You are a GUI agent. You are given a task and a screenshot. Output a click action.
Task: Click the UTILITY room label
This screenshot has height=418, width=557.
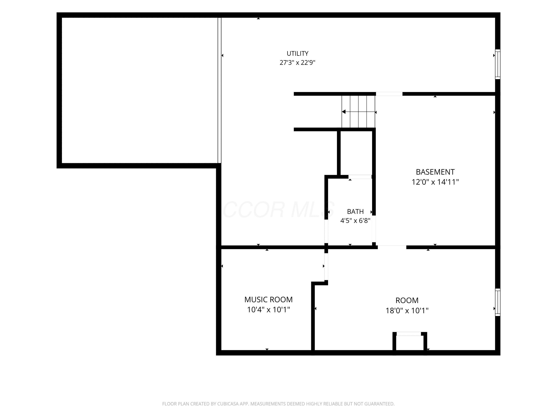tap(297, 54)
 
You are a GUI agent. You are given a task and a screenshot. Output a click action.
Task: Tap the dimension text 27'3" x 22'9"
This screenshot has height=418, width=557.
tap(297, 62)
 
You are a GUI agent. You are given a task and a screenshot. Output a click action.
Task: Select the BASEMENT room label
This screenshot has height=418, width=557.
tap(435, 172)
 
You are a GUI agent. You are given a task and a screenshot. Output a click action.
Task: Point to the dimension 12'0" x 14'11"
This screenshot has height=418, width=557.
tap(435, 182)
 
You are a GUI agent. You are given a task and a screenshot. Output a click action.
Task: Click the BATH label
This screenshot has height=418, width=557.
tap(355, 211)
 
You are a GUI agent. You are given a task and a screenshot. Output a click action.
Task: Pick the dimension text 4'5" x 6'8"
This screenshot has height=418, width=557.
tap(355, 221)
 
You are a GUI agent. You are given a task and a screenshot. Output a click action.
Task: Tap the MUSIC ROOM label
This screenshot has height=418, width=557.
tap(268, 300)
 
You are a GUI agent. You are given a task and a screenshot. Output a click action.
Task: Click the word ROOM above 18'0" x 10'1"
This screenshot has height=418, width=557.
tap(407, 300)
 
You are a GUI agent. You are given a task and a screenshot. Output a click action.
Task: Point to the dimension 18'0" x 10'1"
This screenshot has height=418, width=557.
tap(407, 311)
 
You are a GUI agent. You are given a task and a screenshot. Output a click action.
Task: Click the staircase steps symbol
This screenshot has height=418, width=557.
tap(358, 112)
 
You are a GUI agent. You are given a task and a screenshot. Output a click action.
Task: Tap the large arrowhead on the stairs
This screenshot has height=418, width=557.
tap(343, 112)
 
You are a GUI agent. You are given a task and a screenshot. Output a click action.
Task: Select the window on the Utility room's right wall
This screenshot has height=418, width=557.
tap(498, 64)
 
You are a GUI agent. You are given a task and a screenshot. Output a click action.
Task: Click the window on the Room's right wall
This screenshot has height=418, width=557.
tap(498, 302)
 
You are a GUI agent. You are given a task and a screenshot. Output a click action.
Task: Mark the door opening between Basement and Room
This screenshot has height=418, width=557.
tap(392, 247)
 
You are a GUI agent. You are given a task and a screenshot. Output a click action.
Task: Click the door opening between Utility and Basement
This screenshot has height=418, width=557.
tap(389, 94)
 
